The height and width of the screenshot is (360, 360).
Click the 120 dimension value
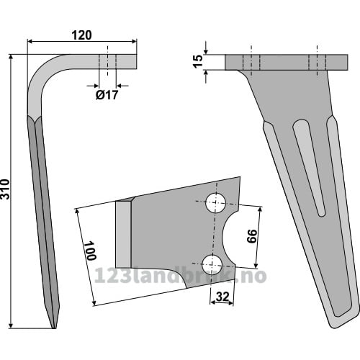pos(82,35)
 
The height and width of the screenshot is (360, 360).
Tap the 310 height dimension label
pos(5,189)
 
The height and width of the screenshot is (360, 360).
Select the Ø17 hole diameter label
pos(107,95)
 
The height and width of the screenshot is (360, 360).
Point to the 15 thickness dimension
pos(198,62)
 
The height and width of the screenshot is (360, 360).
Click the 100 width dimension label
pos(91,251)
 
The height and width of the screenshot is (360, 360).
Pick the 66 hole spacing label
pos(252,236)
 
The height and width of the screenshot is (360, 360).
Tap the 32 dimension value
pos(222,297)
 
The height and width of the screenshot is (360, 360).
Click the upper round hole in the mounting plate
pos(215,203)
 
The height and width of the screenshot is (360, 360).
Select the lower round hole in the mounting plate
pos(212,265)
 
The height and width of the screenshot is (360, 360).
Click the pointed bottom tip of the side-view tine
pos(54,328)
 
